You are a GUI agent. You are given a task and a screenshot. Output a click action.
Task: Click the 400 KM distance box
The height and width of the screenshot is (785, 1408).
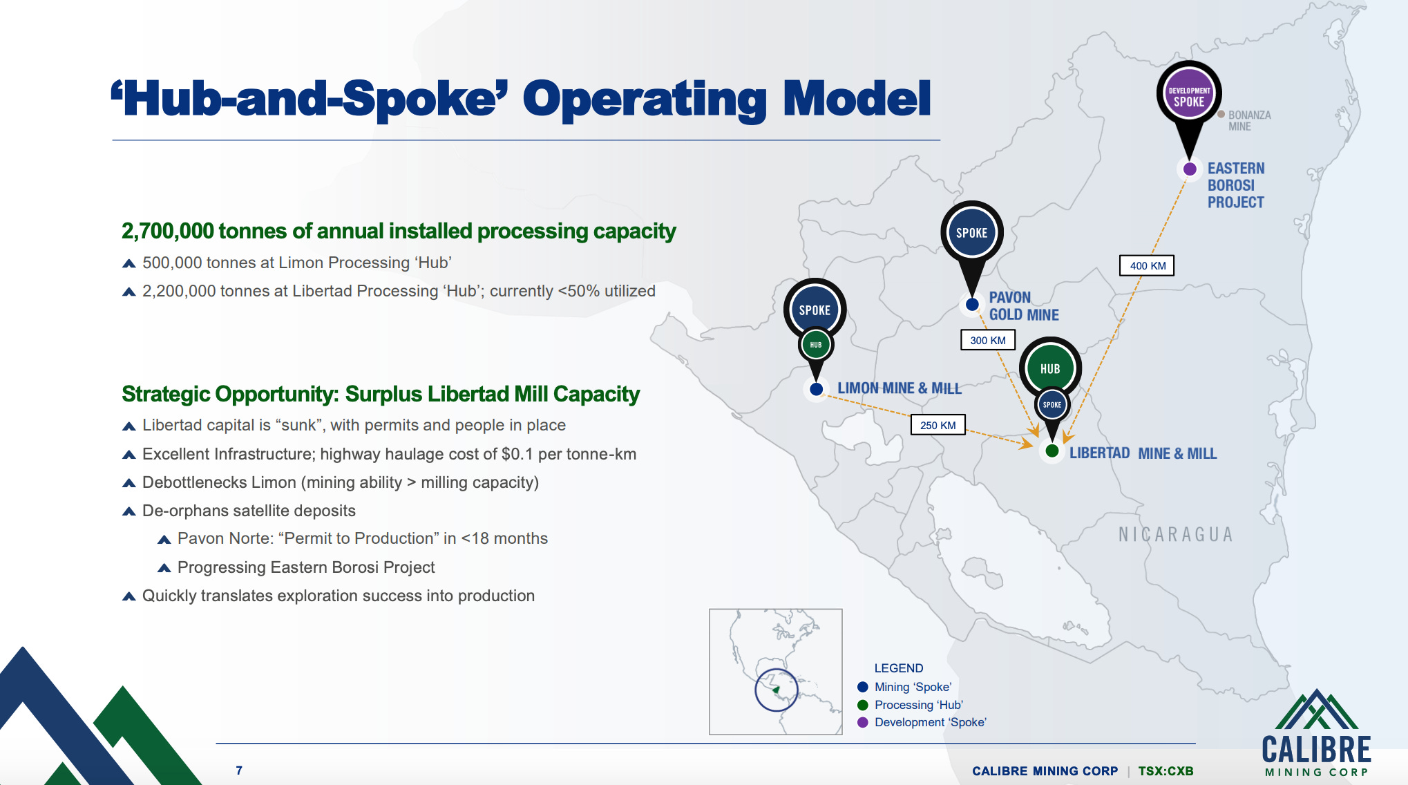tap(1147, 265)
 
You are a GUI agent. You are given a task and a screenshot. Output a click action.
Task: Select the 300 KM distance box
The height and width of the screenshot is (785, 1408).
tap(987, 340)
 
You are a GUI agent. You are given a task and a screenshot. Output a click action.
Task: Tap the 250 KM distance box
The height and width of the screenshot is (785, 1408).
tap(938, 425)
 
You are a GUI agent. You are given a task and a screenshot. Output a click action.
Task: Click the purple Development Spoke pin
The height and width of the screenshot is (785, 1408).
tap(1188, 95)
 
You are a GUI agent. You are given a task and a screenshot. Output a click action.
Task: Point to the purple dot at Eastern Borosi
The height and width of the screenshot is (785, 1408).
tap(1190, 169)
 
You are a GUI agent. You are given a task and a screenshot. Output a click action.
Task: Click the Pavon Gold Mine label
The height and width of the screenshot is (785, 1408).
tap(1023, 306)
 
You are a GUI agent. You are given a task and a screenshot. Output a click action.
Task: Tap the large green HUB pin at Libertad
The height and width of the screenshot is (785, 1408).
tap(1049, 368)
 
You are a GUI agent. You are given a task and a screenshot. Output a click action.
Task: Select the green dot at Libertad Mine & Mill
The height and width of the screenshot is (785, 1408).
tap(1052, 451)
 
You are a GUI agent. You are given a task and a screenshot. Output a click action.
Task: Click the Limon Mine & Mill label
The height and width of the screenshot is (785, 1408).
tap(899, 388)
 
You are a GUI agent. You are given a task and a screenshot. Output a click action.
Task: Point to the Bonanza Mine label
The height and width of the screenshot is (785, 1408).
tap(1248, 120)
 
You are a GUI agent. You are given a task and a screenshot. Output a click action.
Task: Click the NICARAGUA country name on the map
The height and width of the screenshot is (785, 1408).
tap(1175, 534)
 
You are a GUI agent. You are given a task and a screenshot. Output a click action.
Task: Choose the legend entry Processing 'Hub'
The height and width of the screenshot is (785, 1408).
tap(918, 705)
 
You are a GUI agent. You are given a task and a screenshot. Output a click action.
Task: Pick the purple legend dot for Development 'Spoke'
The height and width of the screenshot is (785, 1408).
tap(862, 722)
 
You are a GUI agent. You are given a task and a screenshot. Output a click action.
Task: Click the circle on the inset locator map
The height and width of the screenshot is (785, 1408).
tap(776, 690)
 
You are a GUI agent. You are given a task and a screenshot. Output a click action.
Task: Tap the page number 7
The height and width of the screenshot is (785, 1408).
tap(239, 770)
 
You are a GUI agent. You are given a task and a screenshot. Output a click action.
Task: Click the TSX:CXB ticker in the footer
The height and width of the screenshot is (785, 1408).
tap(1166, 770)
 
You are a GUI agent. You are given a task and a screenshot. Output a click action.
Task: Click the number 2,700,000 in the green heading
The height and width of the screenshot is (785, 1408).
tap(168, 231)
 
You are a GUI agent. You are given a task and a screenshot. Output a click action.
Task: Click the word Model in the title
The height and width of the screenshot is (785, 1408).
tap(857, 99)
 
